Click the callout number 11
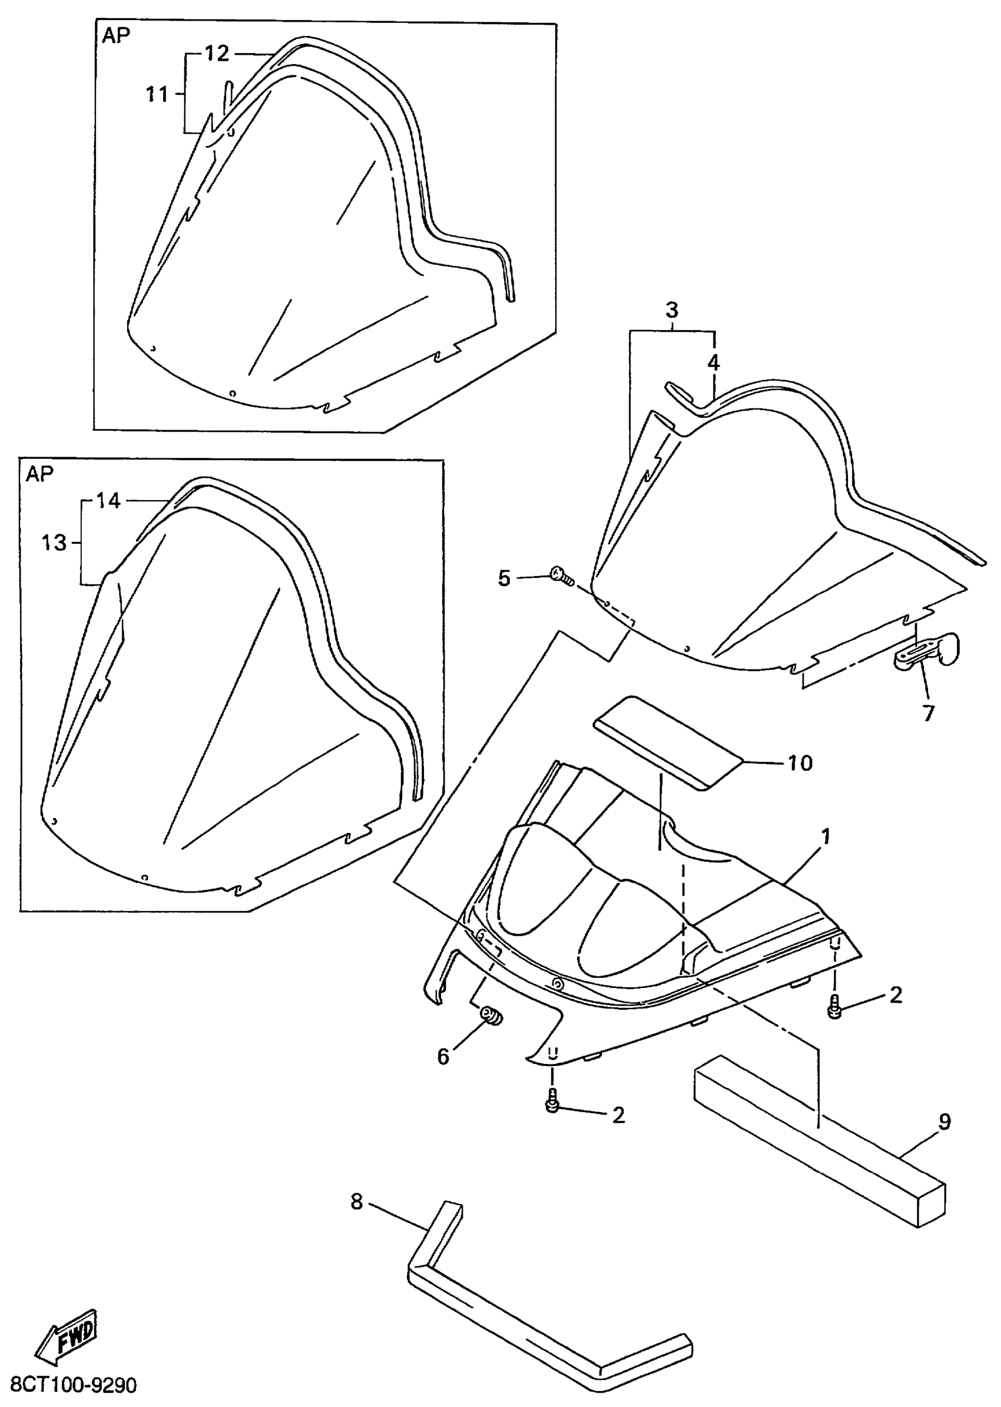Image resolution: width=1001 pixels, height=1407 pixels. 157,94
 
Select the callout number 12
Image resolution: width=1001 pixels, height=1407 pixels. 216,54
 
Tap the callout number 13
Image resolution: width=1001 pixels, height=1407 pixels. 54,543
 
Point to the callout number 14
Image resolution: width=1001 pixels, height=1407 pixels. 108,501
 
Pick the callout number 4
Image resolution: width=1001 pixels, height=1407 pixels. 713,363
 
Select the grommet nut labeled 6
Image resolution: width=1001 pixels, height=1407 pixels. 491,1013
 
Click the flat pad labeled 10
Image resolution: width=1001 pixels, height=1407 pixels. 669,742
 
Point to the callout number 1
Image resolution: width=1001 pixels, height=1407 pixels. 826,837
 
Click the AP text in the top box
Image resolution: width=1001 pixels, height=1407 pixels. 116,36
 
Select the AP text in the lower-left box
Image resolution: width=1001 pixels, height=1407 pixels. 40,474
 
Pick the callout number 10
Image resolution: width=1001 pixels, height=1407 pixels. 800,763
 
